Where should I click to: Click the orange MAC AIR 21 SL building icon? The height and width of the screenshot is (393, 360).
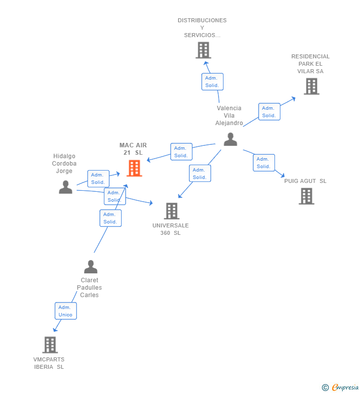[134, 168]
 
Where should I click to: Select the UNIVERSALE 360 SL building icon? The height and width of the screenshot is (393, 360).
[172, 211]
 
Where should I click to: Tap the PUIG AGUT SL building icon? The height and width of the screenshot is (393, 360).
[307, 196]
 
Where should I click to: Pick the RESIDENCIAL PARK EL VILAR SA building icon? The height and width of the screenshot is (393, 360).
[311, 87]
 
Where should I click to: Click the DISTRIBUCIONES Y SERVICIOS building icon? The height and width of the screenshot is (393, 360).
[203, 50]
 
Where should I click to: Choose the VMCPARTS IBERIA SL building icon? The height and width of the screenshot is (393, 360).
[50, 345]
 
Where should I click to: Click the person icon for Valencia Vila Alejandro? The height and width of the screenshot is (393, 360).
[230, 139]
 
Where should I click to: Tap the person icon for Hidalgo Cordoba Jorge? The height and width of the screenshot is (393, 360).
[65, 187]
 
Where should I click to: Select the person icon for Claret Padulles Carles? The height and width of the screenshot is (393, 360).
[90, 266]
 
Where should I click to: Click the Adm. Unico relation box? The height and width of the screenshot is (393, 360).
[65, 311]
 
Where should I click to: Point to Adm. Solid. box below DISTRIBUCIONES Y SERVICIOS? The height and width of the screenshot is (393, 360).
[212, 82]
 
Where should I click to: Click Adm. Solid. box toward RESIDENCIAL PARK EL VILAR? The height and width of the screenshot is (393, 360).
[269, 112]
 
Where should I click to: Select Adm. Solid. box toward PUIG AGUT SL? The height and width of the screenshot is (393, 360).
[264, 163]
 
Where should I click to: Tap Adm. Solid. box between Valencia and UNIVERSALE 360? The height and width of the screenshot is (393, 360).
[200, 174]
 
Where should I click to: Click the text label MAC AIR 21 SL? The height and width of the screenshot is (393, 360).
[133, 149]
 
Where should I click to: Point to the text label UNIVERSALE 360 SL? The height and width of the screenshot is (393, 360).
[171, 229]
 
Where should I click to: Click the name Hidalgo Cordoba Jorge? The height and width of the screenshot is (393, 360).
[64, 164]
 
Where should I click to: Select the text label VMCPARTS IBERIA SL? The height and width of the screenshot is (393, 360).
[49, 363]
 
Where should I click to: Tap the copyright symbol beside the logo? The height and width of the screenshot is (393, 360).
[325, 388]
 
